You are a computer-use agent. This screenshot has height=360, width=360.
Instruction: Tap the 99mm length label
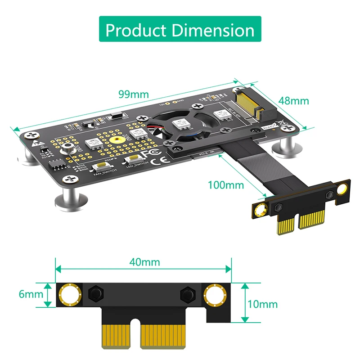click(133, 94)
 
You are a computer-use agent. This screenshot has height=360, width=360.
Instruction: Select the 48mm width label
click(294, 101)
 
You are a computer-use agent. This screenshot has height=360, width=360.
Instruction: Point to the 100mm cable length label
click(226, 184)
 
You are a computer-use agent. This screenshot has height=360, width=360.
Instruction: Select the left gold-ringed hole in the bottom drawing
click(69, 295)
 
